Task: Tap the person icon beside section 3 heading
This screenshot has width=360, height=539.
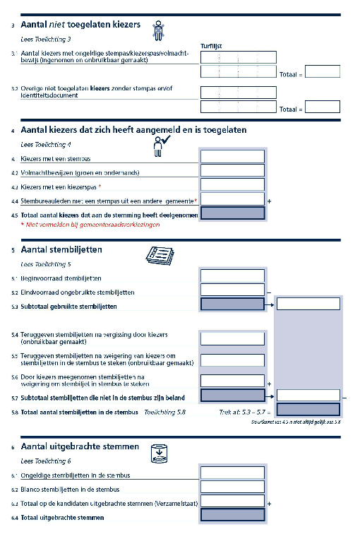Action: [160, 28]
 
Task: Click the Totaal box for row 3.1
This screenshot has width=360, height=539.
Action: [322, 71]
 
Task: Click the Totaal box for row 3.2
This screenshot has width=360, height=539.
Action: [322, 107]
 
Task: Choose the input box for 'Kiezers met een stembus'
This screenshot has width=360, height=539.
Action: [232, 157]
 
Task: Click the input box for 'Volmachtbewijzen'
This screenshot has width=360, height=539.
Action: [232, 170]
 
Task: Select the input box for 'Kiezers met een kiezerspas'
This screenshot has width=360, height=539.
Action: [232, 185]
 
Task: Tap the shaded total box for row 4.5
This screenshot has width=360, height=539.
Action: [232, 213]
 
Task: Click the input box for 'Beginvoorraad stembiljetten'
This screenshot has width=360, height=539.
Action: [232, 276]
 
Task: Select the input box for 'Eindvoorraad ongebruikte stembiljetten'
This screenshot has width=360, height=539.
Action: [232, 290]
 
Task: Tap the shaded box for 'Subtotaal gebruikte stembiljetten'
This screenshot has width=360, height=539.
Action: [232, 304]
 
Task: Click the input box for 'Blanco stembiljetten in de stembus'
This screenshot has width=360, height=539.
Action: [232, 488]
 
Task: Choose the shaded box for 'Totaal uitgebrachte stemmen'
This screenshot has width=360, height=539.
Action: [232, 516]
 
